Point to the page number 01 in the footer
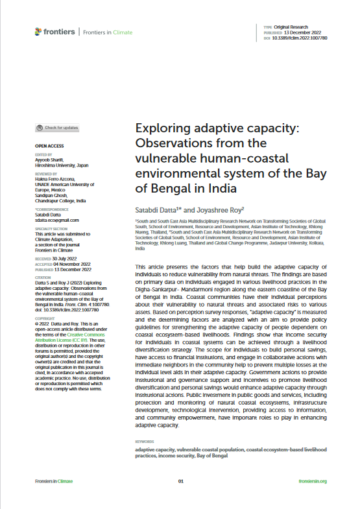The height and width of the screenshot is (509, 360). click(x=181, y=481)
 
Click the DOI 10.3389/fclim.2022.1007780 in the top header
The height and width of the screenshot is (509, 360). click(x=304, y=38)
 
